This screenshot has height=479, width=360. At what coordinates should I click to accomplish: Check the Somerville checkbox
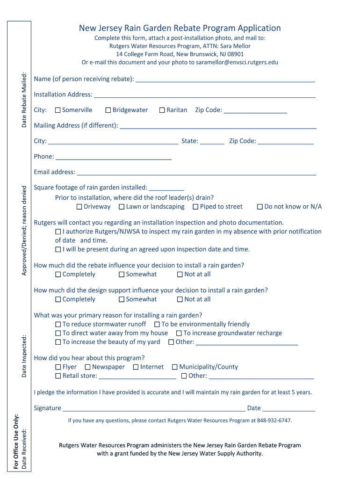tap(58, 110)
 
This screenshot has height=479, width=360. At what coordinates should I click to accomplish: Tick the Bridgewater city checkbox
tap(108, 110)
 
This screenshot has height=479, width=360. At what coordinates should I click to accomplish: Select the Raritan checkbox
tap(162, 110)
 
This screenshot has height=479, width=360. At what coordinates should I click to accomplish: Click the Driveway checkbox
tap(79, 207)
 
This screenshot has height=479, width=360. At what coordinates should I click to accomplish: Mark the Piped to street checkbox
tap(196, 207)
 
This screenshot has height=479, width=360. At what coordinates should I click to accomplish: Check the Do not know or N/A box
tap(260, 207)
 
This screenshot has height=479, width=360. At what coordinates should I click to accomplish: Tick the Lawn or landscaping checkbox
tap(122, 207)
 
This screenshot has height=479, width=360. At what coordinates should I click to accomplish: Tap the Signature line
tap(154, 409)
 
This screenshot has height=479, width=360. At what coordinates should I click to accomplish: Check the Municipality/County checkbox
tap(175, 367)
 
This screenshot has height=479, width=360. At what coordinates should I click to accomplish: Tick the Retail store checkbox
tap(58, 376)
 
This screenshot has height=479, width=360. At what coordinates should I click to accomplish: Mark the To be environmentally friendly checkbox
tap(158, 324)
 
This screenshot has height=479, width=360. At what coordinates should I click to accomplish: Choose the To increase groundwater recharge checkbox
tap(179, 333)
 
